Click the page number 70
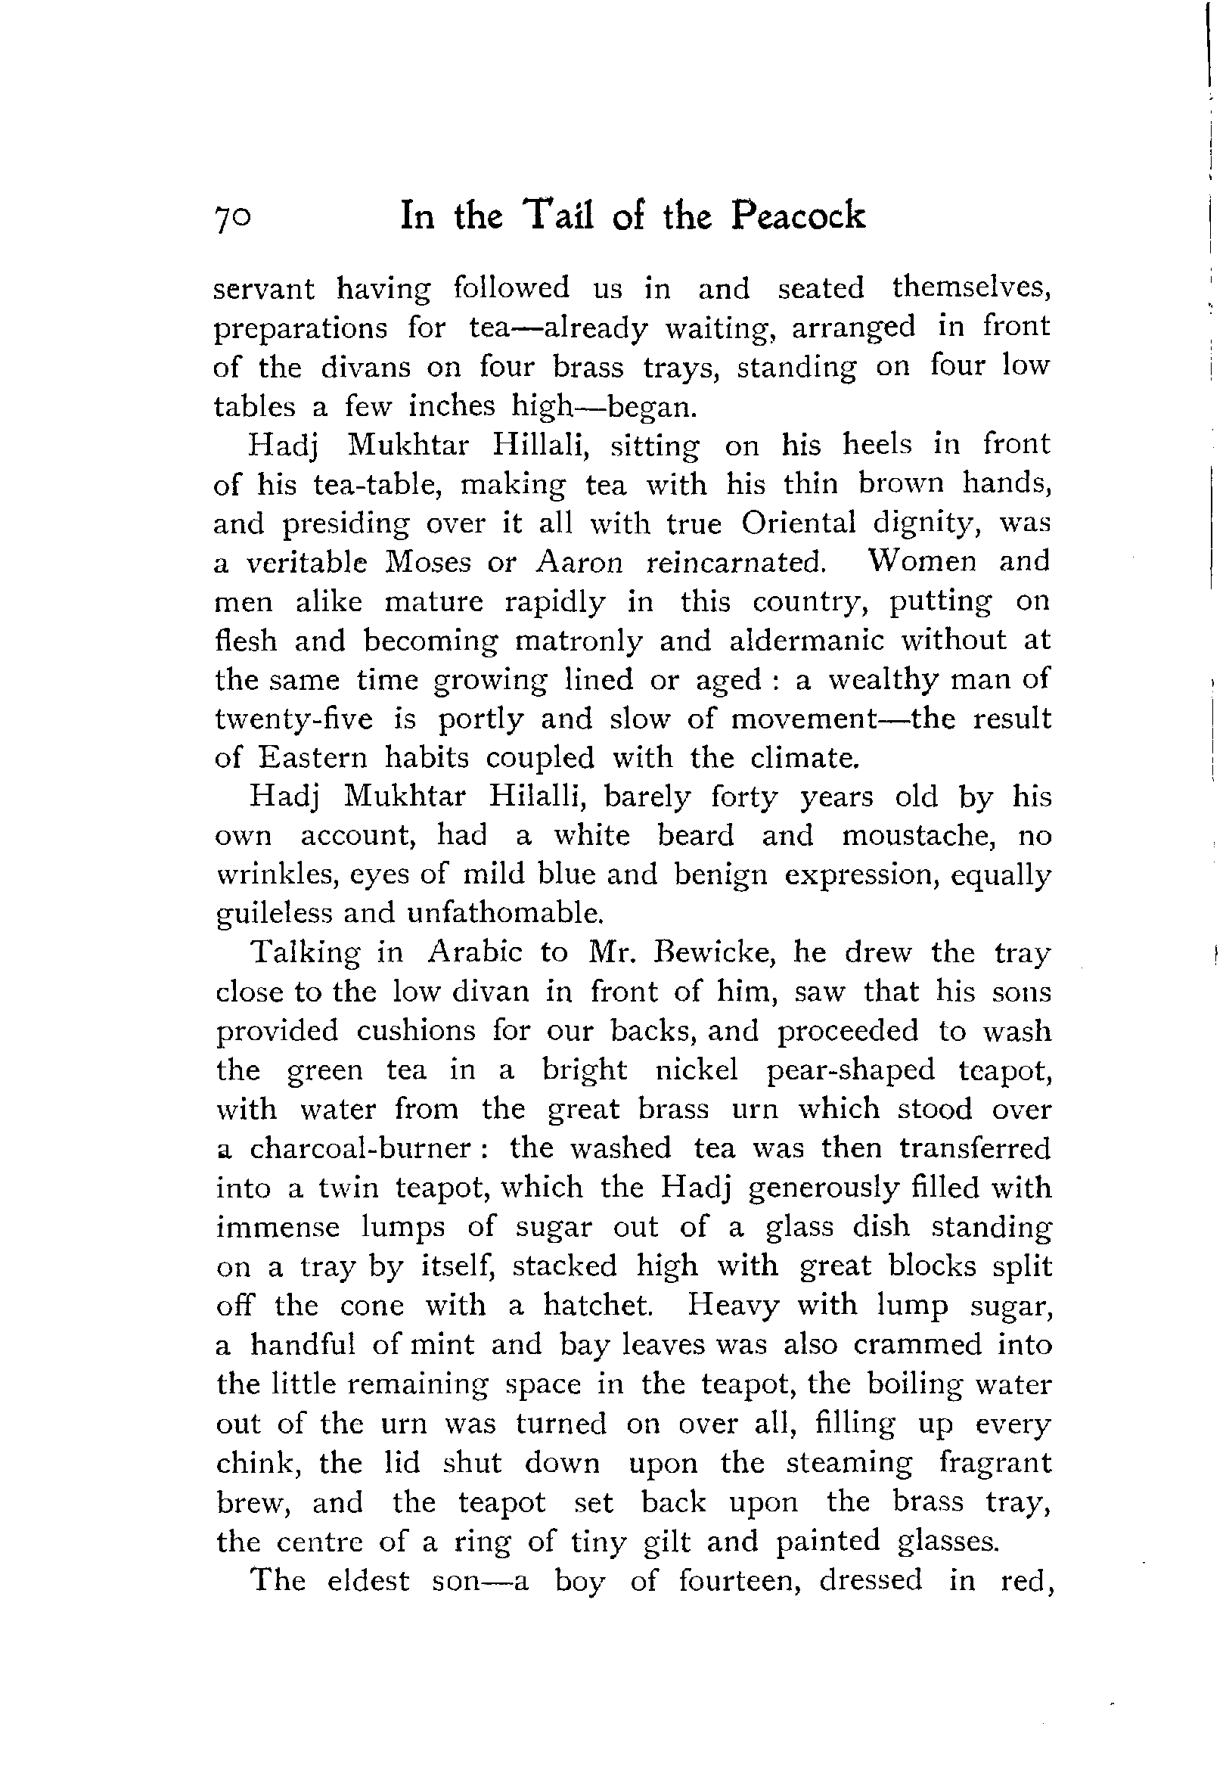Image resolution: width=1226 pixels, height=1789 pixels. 231,219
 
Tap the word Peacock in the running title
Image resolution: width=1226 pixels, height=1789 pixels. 797,216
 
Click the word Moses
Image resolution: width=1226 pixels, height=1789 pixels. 427,562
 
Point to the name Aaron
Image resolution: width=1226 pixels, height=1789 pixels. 579,562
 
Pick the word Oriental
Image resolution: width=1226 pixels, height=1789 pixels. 798,523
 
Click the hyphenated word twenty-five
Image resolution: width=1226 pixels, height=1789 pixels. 294,719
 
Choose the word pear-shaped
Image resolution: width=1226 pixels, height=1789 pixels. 851,1070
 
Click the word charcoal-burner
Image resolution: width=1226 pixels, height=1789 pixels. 360,1148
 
